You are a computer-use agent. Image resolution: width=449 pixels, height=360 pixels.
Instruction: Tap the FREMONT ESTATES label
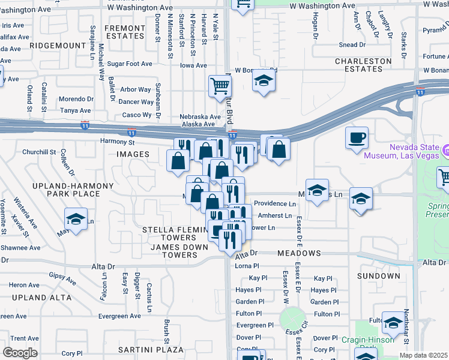(125, 32)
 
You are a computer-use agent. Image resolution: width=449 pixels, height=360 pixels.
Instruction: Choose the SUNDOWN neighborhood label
(378, 276)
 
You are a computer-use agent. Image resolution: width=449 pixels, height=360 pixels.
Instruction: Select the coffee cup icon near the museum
(357, 137)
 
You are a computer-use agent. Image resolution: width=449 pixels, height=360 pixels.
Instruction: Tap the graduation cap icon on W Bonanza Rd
(264, 80)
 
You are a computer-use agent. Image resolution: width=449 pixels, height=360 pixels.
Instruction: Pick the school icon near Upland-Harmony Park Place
(76, 219)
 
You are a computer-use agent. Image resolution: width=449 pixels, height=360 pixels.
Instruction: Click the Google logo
(20, 353)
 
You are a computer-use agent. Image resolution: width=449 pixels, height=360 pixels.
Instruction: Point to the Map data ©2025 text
(424, 355)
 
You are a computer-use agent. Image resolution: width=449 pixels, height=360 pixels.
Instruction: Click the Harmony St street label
(117, 142)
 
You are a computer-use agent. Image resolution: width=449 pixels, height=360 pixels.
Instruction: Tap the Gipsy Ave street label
(62, 278)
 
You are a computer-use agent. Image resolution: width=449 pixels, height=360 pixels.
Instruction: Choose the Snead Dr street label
(352, 44)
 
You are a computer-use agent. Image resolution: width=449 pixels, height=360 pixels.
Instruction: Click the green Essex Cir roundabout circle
(292, 318)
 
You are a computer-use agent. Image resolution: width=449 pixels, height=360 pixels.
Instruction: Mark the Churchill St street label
(39, 152)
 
